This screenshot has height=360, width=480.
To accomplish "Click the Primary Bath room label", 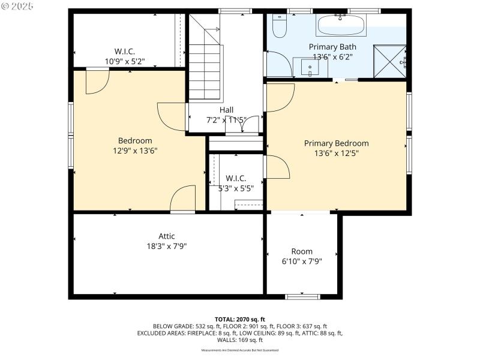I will pyautogui.click(x=332, y=47).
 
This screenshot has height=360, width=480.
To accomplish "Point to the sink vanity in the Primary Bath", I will pyautogui.click(x=311, y=67).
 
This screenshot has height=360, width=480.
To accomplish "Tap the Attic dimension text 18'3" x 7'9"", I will pyautogui.click(x=167, y=246).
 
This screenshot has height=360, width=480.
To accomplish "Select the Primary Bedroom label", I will pyautogui.click(x=336, y=143).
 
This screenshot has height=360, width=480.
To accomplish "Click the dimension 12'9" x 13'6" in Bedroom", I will pyautogui.click(x=135, y=151).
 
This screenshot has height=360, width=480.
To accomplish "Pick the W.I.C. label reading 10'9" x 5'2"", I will pyautogui.click(x=125, y=61).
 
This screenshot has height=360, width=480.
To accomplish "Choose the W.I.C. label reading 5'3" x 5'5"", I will pyautogui.click(x=236, y=188).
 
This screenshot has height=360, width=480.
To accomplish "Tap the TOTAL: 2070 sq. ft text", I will pyautogui.click(x=240, y=319).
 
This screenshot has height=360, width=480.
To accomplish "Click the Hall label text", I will pyautogui.click(x=226, y=110).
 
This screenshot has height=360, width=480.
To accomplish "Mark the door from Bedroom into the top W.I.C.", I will pyautogui.click(x=97, y=81).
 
